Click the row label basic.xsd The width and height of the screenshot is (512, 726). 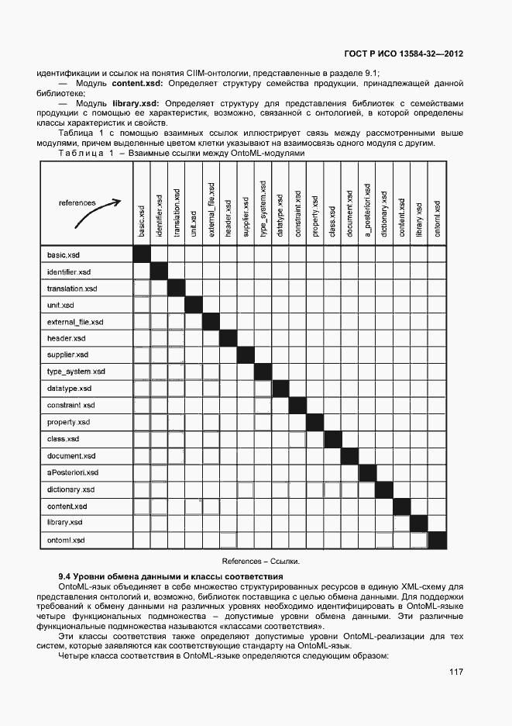click(x=64, y=255)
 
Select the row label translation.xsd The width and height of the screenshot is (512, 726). click(x=71, y=289)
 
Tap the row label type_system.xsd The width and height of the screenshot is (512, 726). click(x=75, y=372)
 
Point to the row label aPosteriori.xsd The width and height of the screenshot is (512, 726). click(x=72, y=472)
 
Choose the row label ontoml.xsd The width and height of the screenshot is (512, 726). click(x=66, y=540)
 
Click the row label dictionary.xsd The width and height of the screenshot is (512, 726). click(x=70, y=489)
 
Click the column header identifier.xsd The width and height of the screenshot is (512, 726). click(x=159, y=212)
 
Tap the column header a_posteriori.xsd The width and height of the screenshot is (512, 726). click(x=366, y=210)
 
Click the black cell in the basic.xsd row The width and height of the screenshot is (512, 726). click(x=142, y=255)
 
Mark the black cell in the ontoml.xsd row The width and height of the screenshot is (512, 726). click(x=438, y=540)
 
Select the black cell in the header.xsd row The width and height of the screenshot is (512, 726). click(x=228, y=339)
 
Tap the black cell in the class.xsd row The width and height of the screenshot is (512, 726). click(x=332, y=440)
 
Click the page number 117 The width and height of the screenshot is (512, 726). click(x=455, y=672)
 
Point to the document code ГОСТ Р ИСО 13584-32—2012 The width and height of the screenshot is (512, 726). click(x=403, y=54)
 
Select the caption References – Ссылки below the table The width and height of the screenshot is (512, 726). click(x=261, y=561)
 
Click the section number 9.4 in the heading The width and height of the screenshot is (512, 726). click(x=66, y=577)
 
